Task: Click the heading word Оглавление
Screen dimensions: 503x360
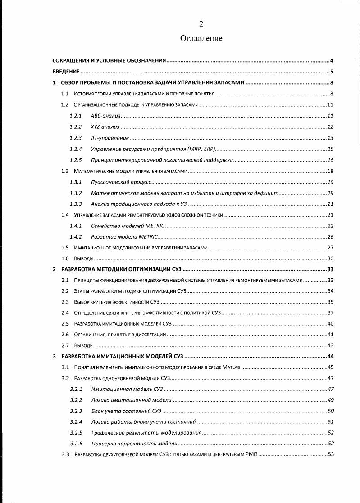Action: [201, 38]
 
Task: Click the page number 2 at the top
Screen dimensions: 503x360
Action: [201, 24]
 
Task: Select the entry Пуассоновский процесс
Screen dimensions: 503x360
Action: [120, 182]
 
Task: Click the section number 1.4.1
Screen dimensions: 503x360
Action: [76, 226]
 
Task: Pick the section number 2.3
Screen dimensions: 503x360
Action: [65, 302]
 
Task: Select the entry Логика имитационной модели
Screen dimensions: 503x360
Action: [131, 400]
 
